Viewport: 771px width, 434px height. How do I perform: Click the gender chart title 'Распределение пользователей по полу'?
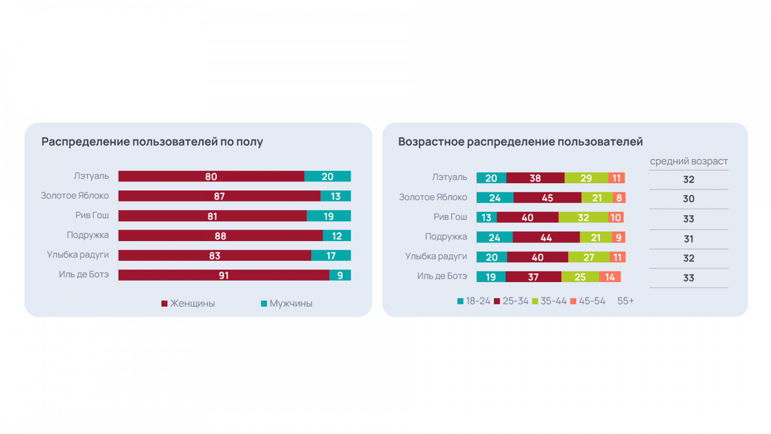(x=152, y=142)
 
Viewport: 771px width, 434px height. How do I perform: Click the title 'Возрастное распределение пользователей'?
(x=520, y=142)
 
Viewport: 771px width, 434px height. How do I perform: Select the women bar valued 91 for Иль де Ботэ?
(x=224, y=275)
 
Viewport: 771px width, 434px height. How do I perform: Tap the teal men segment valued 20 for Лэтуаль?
(x=328, y=176)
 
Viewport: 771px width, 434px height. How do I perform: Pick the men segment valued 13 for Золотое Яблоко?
(x=336, y=196)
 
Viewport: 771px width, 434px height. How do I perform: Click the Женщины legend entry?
(x=188, y=303)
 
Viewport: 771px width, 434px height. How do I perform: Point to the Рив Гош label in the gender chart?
(x=92, y=216)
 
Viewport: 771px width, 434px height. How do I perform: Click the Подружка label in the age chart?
(x=446, y=237)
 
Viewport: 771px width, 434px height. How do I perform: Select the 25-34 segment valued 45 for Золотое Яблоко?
(x=547, y=198)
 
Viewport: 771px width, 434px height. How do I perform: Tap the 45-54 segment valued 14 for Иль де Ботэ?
(x=610, y=277)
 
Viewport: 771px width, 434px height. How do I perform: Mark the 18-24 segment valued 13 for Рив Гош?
(x=487, y=217)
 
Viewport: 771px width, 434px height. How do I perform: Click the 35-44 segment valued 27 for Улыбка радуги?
(x=589, y=257)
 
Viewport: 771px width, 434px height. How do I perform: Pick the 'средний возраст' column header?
(x=689, y=162)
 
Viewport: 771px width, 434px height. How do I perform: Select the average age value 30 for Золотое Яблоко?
(x=689, y=199)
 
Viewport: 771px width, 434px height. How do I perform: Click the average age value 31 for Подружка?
(x=689, y=239)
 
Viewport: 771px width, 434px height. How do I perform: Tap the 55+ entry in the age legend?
(x=625, y=301)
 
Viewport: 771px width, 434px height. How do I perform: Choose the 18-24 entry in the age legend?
(x=474, y=301)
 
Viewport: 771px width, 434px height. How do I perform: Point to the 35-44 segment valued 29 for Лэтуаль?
(x=586, y=178)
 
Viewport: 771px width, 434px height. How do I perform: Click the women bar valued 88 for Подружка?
(x=220, y=236)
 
